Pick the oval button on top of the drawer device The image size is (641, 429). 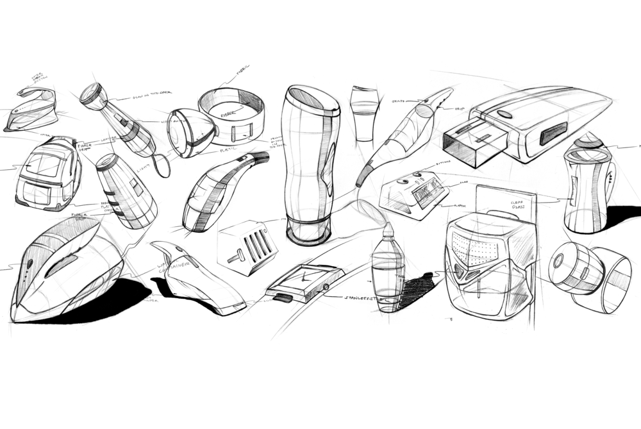coord(505,114)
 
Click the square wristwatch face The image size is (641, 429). coord(300,279)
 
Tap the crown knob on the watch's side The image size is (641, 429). coord(328,287)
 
